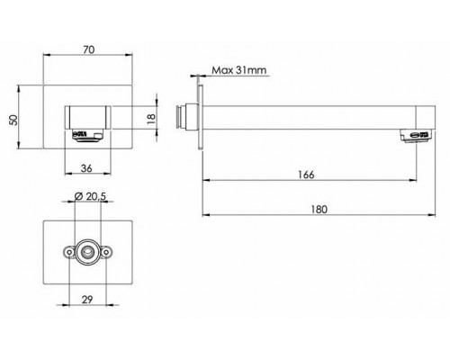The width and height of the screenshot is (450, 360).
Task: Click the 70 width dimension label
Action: click(89, 49)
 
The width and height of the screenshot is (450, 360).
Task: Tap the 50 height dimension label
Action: click(13, 120)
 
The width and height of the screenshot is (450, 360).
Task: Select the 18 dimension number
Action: click(152, 117)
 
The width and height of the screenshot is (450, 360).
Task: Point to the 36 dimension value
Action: click(86, 168)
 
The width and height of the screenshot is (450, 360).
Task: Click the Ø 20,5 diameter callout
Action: click(90, 196)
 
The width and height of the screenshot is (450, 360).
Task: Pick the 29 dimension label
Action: click(87, 300)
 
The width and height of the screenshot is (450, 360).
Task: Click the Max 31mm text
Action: click(239, 70)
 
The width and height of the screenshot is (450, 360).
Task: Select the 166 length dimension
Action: click(306, 175)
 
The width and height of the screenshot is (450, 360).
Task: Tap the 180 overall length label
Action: click(319, 209)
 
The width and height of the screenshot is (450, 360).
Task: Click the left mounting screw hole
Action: click(69, 253)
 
